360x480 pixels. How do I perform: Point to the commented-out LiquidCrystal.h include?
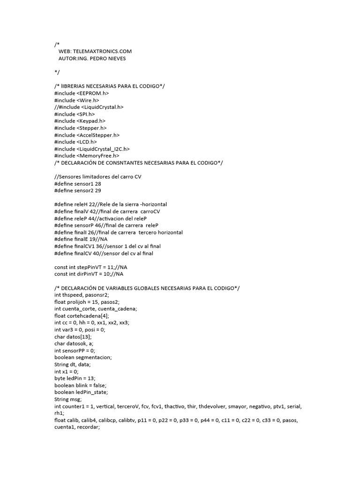[x=89, y=107]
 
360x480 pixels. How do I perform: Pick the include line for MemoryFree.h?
[x=87, y=155]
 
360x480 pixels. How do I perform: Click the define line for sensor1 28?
[x=78, y=184]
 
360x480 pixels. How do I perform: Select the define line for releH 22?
[x=111, y=204]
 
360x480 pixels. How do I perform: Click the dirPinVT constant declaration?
[x=92, y=274]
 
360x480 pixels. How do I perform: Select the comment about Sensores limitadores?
[x=98, y=176]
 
